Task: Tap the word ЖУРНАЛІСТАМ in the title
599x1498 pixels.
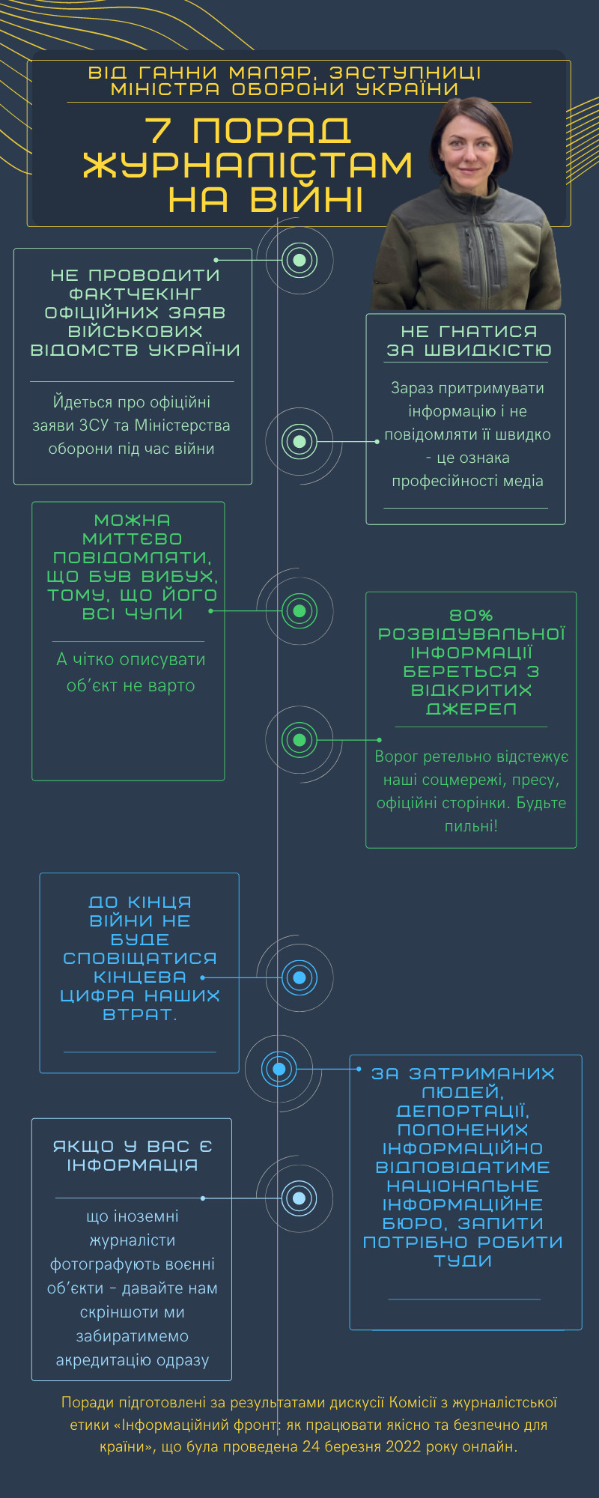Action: (248, 166)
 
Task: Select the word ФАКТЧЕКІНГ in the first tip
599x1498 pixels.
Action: (135, 294)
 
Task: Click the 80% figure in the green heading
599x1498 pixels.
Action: (471, 615)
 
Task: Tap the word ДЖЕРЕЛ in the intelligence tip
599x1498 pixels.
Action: (471, 709)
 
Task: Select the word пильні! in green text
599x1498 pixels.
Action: (471, 826)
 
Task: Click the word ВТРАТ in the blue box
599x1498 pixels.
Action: (138, 1014)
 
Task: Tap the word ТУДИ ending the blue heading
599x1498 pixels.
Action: (463, 1261)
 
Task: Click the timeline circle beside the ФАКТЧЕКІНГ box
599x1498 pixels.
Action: (299, 260)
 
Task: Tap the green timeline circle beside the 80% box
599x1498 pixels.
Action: (299, 740)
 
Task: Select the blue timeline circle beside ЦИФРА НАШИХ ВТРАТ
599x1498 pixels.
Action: (299, 977)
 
